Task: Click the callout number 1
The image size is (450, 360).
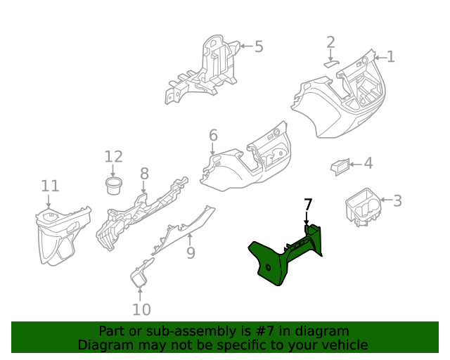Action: tap(390, 57)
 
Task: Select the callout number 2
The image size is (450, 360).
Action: tap(330, 43)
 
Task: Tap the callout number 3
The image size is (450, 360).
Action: tap(397, 201)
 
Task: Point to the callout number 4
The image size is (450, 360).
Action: tap(368, 164)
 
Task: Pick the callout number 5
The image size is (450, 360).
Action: tap(258, 47)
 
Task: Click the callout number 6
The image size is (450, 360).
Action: tap(213, 135)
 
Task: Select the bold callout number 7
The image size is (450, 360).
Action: tap(307, 205)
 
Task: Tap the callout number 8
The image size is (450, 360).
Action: tap(144, 174)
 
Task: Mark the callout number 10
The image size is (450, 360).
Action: tap(141, 309)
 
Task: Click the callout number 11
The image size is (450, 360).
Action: tap(50, 186)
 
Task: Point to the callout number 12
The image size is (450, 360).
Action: tap(113, 157)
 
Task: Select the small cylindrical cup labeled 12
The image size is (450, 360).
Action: tap(113, 186)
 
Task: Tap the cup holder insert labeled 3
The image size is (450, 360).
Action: tap(362, 206)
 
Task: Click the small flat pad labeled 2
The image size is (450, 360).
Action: tap(331, 62)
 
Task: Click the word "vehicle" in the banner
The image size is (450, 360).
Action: tap(344, 345)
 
